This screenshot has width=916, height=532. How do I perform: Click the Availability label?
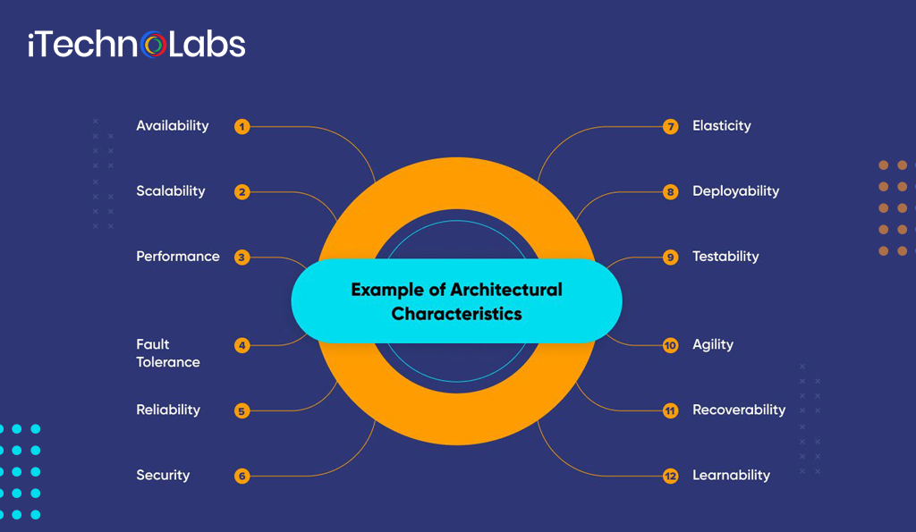tap(172, 126)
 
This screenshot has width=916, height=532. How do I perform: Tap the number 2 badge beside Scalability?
tap(242, 191)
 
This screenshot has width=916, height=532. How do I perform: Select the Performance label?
tap(177, 257)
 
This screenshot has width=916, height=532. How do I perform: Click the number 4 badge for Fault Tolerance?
tap(242, 345)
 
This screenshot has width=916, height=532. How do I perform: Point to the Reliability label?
tap(168, 410)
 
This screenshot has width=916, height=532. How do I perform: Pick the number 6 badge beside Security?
tap(242, 476)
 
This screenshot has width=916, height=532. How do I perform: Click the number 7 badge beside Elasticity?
tap(671, 127)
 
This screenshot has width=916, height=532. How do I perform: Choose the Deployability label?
tap(735, 191)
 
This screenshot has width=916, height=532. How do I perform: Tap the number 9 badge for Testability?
tap(671, 258)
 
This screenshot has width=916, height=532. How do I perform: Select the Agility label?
tap(713, 345)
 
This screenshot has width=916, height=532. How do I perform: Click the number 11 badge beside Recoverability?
tap(671, 411)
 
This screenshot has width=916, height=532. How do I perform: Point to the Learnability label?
tap(731, 476)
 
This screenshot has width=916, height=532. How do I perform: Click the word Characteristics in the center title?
tap(456, 315)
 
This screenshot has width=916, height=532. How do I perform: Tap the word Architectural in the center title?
tap(506, 291)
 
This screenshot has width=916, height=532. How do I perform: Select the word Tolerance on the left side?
tap(168, 362)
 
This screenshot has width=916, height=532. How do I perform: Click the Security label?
tap(163, 476)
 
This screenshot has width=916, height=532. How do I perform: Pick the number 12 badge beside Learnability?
tap(671, 477)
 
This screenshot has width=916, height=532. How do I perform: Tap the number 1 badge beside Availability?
tap(242, 127)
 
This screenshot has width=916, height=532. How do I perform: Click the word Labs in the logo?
tap(207, 45)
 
